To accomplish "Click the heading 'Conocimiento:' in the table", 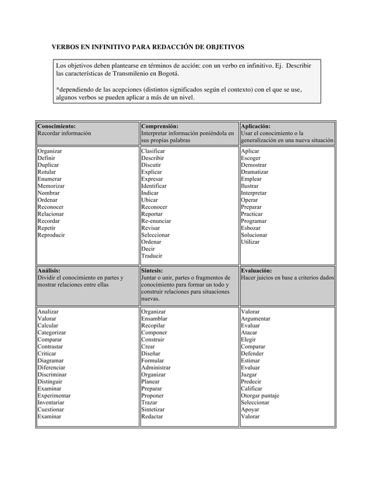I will point(57,125).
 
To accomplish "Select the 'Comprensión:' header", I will point(160,125).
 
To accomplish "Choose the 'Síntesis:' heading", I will point(155,271).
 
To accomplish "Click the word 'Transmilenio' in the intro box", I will point(146,74).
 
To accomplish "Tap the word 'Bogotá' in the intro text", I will point(191,74).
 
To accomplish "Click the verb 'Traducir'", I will point(152,256).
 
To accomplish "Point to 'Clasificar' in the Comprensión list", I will point(155,151).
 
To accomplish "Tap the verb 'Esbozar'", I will point(251,228).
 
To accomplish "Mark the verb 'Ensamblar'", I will point(155,319).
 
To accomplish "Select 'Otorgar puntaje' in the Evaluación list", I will point(260,396).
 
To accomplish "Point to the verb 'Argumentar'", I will point(256,319).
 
